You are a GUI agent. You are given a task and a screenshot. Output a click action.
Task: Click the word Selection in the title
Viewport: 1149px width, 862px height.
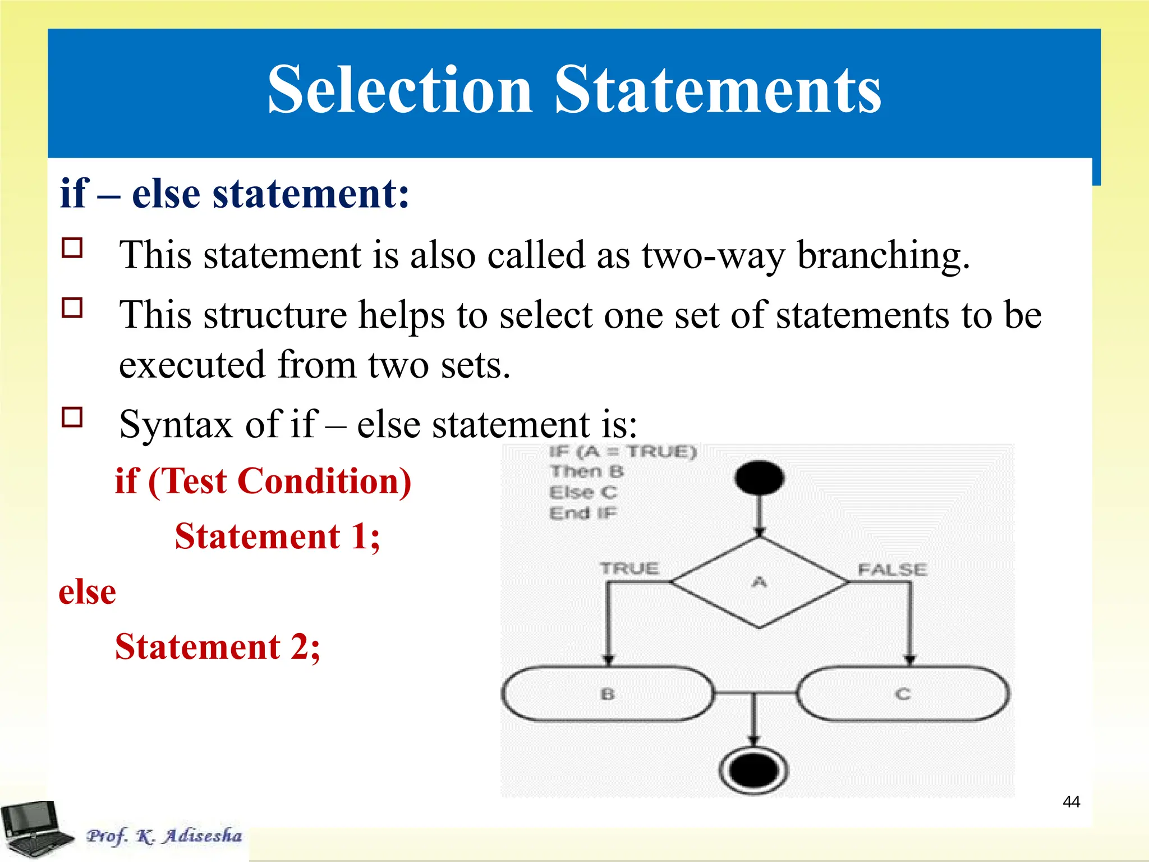click(399, 90)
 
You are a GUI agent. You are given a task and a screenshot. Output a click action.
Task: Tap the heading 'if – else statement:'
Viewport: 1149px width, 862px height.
click(235, 194)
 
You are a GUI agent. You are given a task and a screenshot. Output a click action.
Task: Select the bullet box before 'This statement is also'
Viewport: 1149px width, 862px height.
click(72, 248)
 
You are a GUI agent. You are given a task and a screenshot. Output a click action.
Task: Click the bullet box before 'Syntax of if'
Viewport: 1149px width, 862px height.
click(72, 418)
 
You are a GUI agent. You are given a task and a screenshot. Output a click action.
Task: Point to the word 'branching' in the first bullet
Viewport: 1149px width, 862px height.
click(883, 255)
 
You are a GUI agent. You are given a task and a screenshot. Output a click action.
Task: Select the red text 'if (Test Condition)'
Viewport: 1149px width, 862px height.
click(263, 482)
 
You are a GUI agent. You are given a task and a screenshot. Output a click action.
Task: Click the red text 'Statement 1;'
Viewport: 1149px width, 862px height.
click(277, 537)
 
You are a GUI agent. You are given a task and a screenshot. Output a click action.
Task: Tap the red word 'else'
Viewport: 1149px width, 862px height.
click(88, 592)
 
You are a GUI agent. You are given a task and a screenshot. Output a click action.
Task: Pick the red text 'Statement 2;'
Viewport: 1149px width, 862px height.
click(218, 647)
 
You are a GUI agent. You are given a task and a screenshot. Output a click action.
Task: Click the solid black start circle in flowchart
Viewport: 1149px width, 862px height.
click(759, 478)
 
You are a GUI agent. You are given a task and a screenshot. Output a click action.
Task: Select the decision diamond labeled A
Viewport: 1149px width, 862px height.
click(759, 583)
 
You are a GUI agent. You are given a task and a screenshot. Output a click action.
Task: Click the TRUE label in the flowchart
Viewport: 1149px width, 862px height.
click(629, 568)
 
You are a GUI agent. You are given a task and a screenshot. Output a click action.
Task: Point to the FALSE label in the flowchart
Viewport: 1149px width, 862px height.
click(892, 570)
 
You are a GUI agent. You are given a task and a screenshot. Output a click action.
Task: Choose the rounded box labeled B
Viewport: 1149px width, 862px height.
click(608, 694)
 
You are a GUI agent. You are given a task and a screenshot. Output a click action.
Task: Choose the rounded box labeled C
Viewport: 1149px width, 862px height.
click(903, 694)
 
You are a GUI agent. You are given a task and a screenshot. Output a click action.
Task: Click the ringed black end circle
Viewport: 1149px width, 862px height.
click(753, 771)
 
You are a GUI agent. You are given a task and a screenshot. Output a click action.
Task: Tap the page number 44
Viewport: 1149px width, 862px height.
click(1071, 801)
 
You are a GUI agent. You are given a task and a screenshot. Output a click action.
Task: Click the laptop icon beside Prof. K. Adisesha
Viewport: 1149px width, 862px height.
click(34, 828)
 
